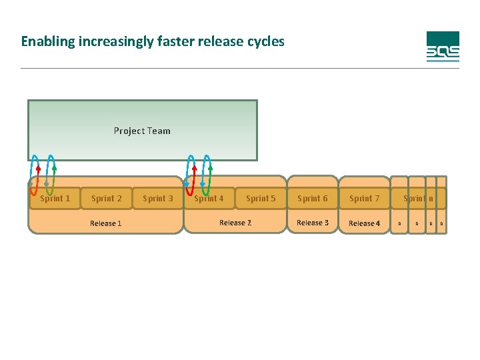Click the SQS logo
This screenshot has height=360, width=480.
[443, 47]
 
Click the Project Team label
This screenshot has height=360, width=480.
[142, 131]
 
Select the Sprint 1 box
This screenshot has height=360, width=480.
[55, 198]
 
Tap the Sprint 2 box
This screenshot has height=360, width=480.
[107, 198]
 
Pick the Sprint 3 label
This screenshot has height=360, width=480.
[158, 198]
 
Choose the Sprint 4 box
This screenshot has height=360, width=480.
[209, 198]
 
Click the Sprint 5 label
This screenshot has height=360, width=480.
[261, 198]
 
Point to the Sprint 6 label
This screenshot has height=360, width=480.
[313, 198]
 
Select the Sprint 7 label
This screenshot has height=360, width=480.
[365, 198]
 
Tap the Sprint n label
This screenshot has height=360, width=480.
[418, 198]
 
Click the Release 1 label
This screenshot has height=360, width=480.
[106, 223]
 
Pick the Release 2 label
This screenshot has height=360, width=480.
[235, 223]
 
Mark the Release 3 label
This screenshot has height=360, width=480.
[313, 223]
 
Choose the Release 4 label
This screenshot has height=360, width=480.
[365, 223]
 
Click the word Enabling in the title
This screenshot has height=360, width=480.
[48, 41]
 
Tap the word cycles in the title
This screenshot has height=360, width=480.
[265, 41]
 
